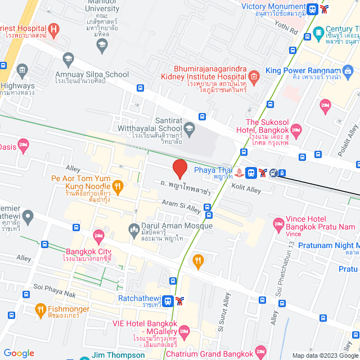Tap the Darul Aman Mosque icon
[134, 228]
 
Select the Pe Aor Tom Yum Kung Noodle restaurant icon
[118, 186]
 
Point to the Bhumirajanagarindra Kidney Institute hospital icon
[253, 76]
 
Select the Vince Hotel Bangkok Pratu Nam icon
[278, 224]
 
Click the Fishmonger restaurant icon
[40, 309]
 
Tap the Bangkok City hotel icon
[99, 235]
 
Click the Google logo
[19, 353]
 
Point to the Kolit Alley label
[246, 190]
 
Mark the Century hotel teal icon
[318, 31]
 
